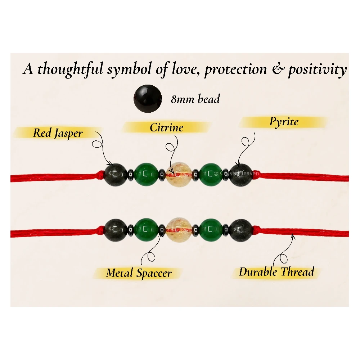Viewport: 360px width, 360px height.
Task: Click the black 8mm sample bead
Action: click(x=148, y=99)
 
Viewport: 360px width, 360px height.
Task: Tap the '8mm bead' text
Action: click(x=195, y=99)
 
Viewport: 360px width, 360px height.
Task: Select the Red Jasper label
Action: click(x=58, y=133)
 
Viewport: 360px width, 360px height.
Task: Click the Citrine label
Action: click(x=166, y=127)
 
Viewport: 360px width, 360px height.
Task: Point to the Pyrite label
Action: click(x=284, y=122)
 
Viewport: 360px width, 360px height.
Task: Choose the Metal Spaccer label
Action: click(x=139, y=273)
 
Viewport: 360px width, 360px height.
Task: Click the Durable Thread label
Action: click(x=276, y=272)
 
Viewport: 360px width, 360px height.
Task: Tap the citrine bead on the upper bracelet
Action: click(x=179, y=175)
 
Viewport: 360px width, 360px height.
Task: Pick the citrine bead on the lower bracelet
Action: click(x=179, y=229)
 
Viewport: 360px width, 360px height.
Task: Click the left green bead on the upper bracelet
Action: click(x=146, y=175)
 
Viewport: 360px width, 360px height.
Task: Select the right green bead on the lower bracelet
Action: click(x=211, y=230)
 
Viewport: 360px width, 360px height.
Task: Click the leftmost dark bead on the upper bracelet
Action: click(x=116, y=175)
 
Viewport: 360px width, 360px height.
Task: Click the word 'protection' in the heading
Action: click(x=236, y=69)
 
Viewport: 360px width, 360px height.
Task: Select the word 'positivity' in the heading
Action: click(x=317, y=69)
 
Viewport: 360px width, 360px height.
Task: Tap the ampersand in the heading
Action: click(x=278, y=69)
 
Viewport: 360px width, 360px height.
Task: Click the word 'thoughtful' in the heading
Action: click(x=70, y=69)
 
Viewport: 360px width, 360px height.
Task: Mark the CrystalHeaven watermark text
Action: click(x=237, y=174)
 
